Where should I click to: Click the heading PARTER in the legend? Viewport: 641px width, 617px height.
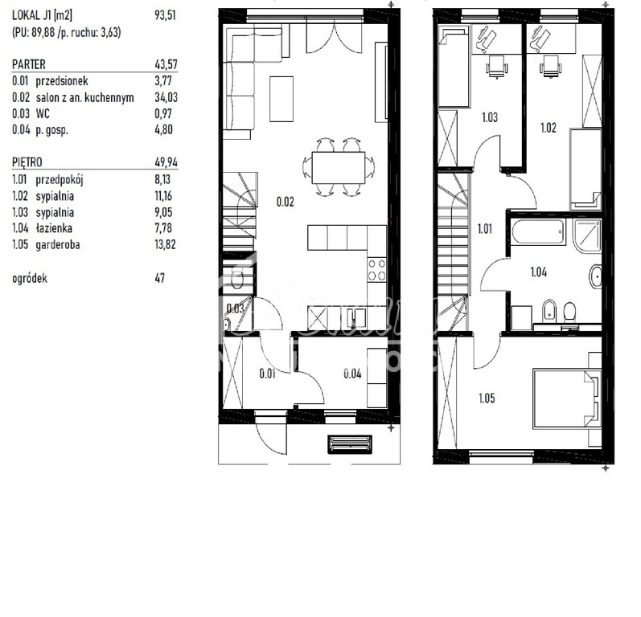[29, 63]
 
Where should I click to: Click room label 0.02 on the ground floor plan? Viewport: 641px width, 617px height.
[285, 202]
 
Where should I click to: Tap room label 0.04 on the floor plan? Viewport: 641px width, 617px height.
[351, 373]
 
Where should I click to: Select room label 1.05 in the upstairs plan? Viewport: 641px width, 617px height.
[487, 397]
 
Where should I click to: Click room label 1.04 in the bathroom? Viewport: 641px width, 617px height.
[539, 272]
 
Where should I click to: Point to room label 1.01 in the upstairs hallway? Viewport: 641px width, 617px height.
[486, 228]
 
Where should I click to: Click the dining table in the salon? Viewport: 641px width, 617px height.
[338, 167]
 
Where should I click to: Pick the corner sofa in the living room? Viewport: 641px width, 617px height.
[240, 80]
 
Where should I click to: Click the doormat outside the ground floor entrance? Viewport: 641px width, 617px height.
[349, 443]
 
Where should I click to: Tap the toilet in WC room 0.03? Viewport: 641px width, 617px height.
[236, 279]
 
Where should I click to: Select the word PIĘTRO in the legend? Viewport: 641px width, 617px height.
[30, 162]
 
